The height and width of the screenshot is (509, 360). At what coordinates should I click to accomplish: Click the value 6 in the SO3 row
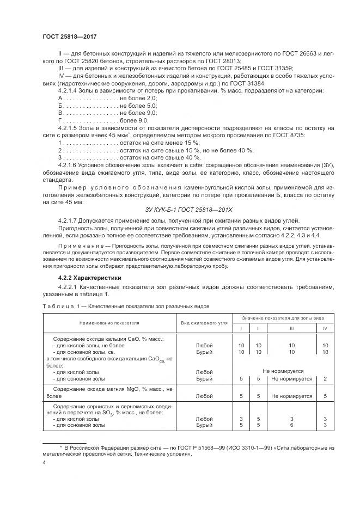291,425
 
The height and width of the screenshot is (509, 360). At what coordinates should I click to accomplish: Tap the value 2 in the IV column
325,378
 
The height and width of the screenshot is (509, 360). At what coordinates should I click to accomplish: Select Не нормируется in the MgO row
291,396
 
